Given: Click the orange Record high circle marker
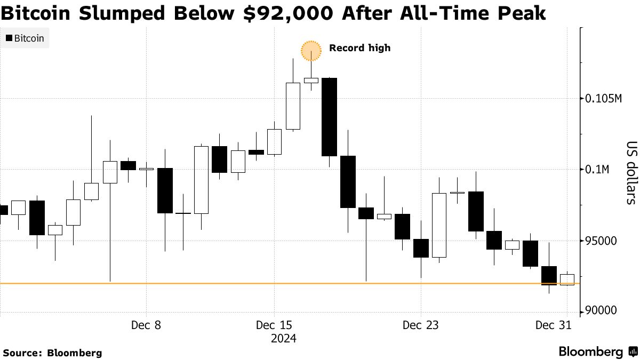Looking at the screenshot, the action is (311, 51).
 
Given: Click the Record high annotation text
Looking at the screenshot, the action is (359, 48).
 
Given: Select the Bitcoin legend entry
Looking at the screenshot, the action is (25, 38).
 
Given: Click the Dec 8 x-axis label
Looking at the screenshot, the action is (146, 325).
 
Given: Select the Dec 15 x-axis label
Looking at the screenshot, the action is (274, 325).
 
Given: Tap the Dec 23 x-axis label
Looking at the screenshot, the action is (421, 325).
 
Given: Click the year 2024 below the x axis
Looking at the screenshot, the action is (283, 339).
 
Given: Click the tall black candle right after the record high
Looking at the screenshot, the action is (329, 117).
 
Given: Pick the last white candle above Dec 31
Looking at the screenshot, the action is (567, 279).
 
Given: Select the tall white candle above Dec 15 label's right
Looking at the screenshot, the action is (293, 106).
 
